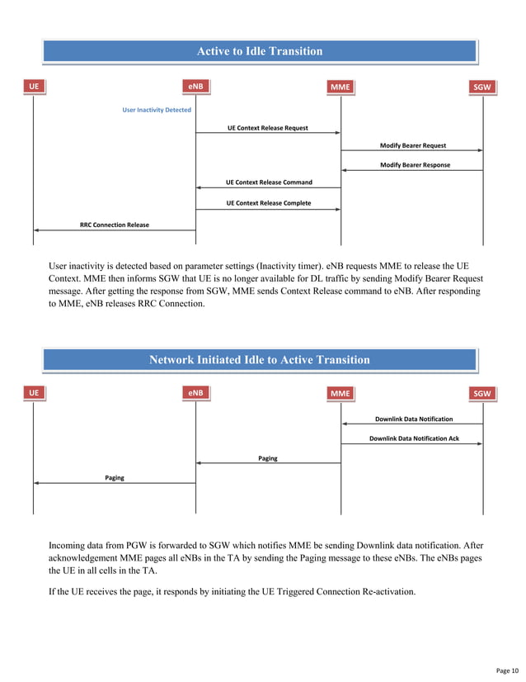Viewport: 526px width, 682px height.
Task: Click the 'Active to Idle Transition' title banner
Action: click(259, 51)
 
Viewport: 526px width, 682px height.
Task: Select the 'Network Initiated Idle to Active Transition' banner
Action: click(259, 359)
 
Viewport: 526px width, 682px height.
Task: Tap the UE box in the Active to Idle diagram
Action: click(34, 86)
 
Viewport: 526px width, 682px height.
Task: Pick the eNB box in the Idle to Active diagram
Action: click(195, 394)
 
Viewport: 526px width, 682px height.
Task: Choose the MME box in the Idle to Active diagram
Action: click(340, 394)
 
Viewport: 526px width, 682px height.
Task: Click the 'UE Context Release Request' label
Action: click(268, 128)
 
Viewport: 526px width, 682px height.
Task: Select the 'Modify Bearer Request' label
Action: click(412, 145)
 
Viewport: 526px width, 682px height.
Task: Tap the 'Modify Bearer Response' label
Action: click(415, 165)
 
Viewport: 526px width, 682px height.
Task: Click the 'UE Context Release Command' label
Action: click(269, 182)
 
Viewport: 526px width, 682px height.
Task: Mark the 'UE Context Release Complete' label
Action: click(269, 203)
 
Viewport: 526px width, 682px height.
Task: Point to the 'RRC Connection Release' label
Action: click(115, 224)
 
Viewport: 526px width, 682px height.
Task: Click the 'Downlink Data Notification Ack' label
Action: click(414, 438)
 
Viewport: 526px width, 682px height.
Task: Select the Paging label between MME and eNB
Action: click(268, 458)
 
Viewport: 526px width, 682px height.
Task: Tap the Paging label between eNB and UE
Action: click(115, 477)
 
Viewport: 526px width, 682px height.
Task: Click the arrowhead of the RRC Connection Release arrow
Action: click(37, 230)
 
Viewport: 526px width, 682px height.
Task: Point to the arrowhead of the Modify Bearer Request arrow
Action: click(480, 151)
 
